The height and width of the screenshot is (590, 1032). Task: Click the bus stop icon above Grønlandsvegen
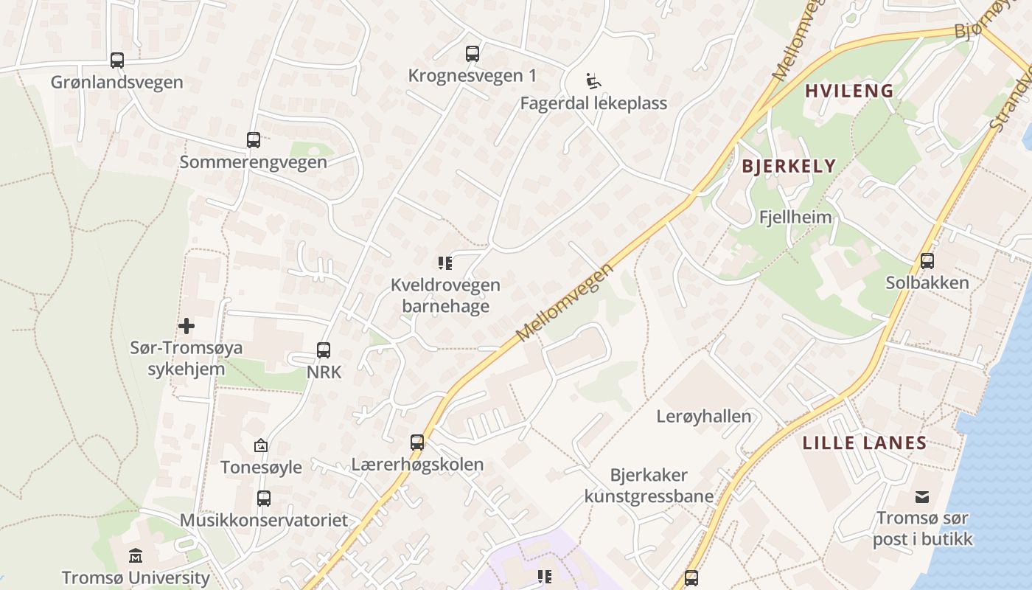click(116, 60)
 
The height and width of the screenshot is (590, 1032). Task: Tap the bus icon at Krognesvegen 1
click(473, 53)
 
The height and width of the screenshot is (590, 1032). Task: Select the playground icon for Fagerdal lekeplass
click(593, 80)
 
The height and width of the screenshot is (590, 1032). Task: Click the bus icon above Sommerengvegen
click(254, 139)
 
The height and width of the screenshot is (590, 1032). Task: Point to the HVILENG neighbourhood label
click(849, 91)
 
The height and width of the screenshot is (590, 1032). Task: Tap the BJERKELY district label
click(789, 166)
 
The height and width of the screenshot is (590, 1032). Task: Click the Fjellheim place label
click(795, 218)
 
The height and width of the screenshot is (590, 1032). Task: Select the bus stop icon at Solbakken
click(927, 260)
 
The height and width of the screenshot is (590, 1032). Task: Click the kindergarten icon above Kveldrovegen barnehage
click(444, 263)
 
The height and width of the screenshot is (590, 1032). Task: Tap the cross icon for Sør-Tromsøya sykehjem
click(186, 325)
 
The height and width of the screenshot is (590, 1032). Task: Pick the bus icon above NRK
click(324, 350)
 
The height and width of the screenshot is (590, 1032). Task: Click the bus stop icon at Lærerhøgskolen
click(417, 442)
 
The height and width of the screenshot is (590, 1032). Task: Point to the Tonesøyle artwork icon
click(260, 445)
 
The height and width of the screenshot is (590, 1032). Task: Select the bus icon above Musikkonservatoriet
click(264, 498)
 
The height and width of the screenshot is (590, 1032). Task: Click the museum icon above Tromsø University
click(136, 555)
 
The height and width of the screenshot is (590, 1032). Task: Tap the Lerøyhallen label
click(704, 417)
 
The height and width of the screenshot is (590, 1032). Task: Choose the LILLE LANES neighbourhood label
click(864, 443)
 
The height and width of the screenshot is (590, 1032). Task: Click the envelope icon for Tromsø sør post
click(922, 496)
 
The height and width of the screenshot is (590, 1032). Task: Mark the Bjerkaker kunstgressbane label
click(649, 485)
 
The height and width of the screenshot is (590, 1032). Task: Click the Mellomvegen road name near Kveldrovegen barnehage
click(565, 302)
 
